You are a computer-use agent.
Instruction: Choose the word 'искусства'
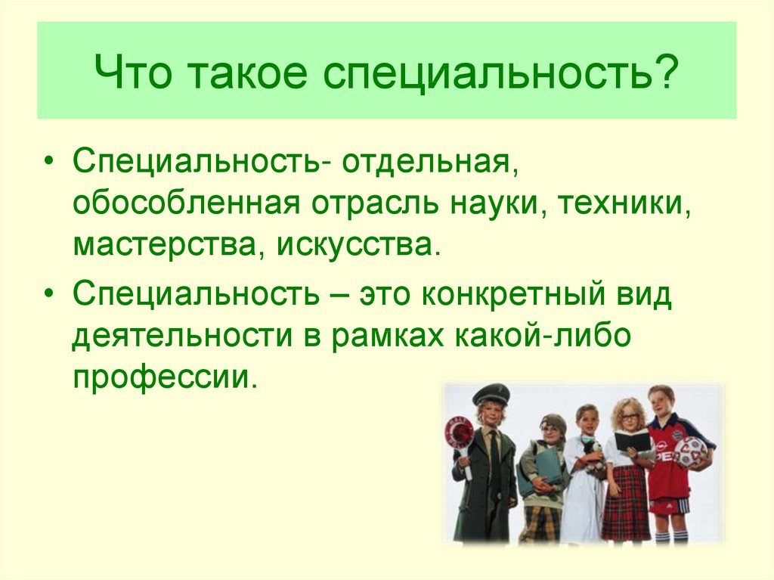pos(357,245)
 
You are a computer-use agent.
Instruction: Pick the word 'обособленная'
pos(185,205)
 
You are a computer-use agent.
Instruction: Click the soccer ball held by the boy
pos(690,451)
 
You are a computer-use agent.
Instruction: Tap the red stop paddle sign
pos(458,433)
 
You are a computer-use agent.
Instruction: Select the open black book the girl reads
pos(632,441)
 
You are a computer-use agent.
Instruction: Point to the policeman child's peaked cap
pos(490,394)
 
